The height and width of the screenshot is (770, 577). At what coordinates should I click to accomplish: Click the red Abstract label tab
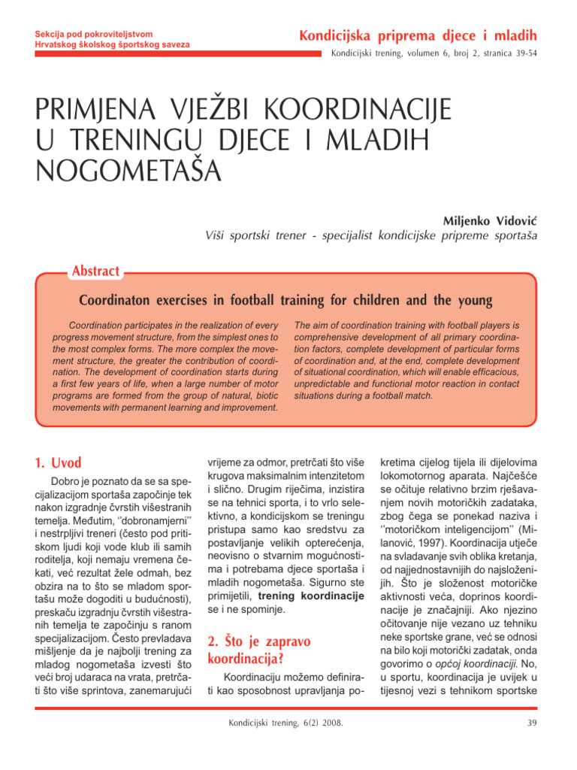click(95, 271)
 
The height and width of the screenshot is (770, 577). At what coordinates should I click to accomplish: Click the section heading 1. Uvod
click(59, 463)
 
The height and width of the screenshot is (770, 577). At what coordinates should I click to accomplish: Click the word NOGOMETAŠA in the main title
click(128, 171)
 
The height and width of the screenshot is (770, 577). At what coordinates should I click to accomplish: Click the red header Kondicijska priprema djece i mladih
click(418, 35)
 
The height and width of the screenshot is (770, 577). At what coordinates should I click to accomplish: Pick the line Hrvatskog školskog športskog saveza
click(113, 45)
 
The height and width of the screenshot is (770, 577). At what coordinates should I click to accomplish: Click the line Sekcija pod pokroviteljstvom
click(95, 34)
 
